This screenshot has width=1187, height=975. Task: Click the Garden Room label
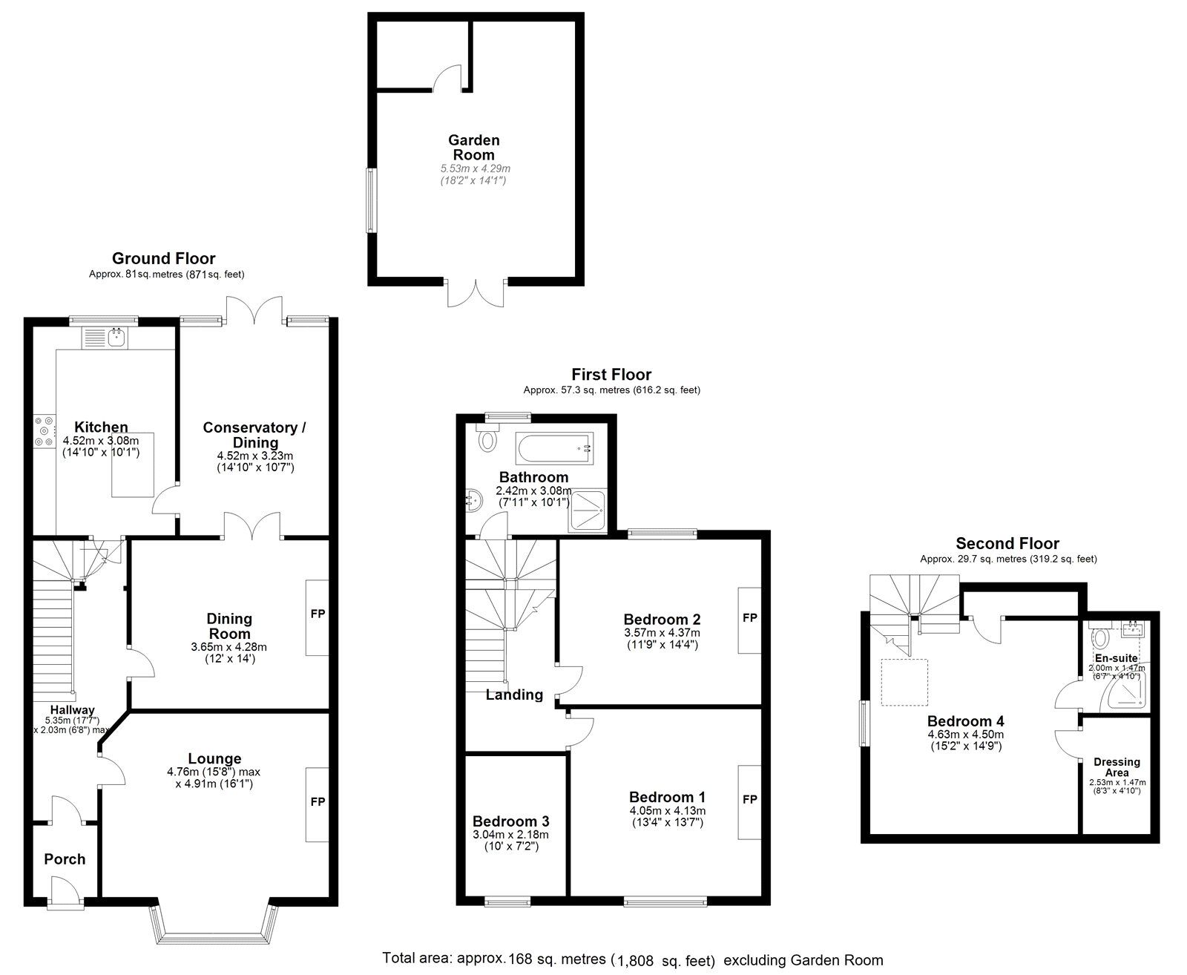(473, 148)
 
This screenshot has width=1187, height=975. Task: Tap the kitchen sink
(105, 338)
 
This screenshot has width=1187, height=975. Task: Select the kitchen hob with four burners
(45, 432)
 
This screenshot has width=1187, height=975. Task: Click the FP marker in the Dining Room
(318, 614)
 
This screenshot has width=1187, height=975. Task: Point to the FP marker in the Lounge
(318, 801)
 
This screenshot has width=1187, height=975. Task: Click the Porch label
(65, 859)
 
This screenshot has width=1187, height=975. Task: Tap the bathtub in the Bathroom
(555, 449)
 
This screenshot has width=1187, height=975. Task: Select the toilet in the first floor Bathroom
(487, 437)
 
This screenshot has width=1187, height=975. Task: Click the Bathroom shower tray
(588, 511)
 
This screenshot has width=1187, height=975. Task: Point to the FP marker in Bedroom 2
(750, 618)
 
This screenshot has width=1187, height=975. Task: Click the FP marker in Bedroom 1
(750, 799)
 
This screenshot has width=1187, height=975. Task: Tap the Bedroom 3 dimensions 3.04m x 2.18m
(510, 835)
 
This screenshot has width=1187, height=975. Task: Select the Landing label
(514, 695)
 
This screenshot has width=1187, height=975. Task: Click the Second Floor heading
(1007, 544)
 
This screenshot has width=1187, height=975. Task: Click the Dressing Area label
(1117, 767)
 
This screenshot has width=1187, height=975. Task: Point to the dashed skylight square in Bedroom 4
(904, 682)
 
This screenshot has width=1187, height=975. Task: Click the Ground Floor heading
(164, 259)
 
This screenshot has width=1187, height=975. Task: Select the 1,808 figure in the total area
(636, 961)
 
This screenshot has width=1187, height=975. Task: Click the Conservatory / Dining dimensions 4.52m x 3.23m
(255, 456)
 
